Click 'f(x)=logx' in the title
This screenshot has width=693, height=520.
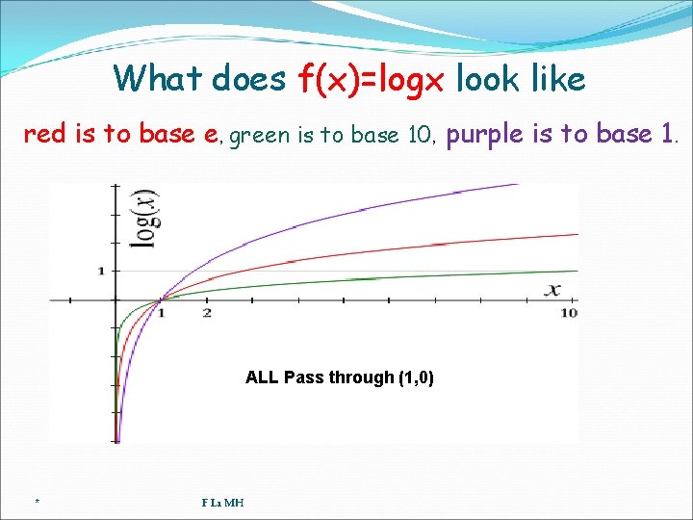pyautogui.click(x=372, y=79)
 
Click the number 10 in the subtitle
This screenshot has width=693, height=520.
pyautogui.click(x=420, y=135)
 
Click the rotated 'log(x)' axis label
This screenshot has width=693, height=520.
pyautogui.click(x=145, y=219)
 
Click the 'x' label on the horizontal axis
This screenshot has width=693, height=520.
pyautogui.click(x=553, y=289)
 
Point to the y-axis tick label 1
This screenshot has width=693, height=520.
pyautogui.click(x=101, y=271)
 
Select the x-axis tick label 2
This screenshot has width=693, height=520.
pyautogui.click(x=207, y=313)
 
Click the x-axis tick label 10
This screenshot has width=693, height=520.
pyautogui.click(x=569, y=313)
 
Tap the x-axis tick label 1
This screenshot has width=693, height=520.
pyautogui.click(x=161, y=313)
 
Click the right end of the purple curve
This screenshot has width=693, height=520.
pyautogui.click(x=517, y=185)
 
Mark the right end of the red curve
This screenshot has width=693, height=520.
pyautogui.click(x=577, y=234)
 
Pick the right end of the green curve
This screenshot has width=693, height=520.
pyautogui.click(x=577, y=271)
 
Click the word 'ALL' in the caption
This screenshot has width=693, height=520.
pyautogui.click(x=262, y=377)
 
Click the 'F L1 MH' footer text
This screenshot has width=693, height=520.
pyautogui.click(x=222, y=502)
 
